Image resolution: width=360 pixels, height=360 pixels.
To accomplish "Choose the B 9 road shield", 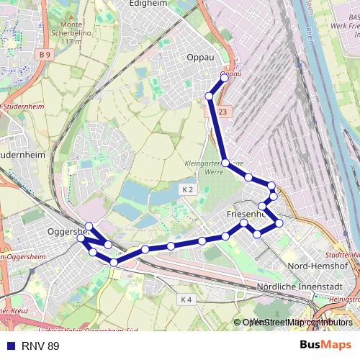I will point(46,55).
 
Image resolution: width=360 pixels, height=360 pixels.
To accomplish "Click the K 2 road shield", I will point(188,189).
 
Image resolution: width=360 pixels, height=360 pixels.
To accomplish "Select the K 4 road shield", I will point(186,299).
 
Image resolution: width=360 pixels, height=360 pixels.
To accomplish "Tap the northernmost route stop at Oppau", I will point(225,78).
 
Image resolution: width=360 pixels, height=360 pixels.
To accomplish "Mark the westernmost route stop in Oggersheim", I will point(81,238).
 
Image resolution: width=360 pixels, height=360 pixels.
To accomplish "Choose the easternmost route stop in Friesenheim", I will point(279,222).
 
